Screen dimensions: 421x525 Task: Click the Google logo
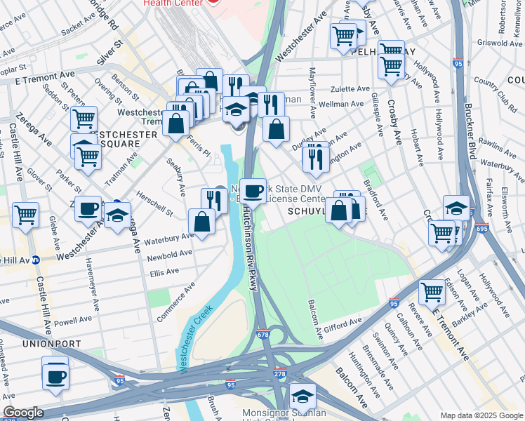click(23, 413)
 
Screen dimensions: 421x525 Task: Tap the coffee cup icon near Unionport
click(55, 376)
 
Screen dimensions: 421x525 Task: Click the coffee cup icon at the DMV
click(255, 189)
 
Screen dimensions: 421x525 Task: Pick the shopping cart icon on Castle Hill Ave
click(25, 214)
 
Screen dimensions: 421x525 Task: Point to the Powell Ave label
click(73, 320)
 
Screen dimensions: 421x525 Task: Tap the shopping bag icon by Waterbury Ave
click(202, 222)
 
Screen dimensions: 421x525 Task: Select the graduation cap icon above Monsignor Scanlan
click(303, 397)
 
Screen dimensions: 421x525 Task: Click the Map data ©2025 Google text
click(481, 415)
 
